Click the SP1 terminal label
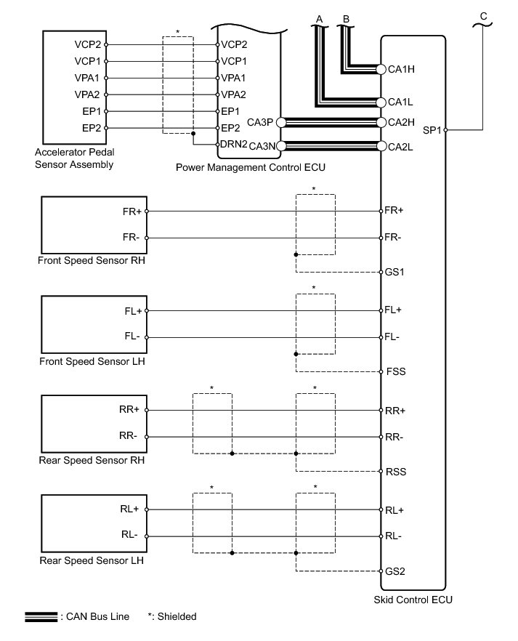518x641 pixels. tap(432, 131)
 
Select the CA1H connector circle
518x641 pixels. tap(381, 70)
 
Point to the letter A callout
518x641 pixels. tap(319, 17)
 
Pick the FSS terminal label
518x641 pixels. tap(397, 371)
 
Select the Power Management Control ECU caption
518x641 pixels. tap(251, 167)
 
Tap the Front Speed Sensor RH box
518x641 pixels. tap(94, 225)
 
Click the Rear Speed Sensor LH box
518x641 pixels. tap(94, 523)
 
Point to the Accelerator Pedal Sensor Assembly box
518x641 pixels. tap(75, 87)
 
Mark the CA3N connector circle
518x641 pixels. tap(282, 146)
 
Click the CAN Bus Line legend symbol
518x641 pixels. tap(42, 617)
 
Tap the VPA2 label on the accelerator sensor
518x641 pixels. tap(89, 94)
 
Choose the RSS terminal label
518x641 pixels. tap(397, 472)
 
